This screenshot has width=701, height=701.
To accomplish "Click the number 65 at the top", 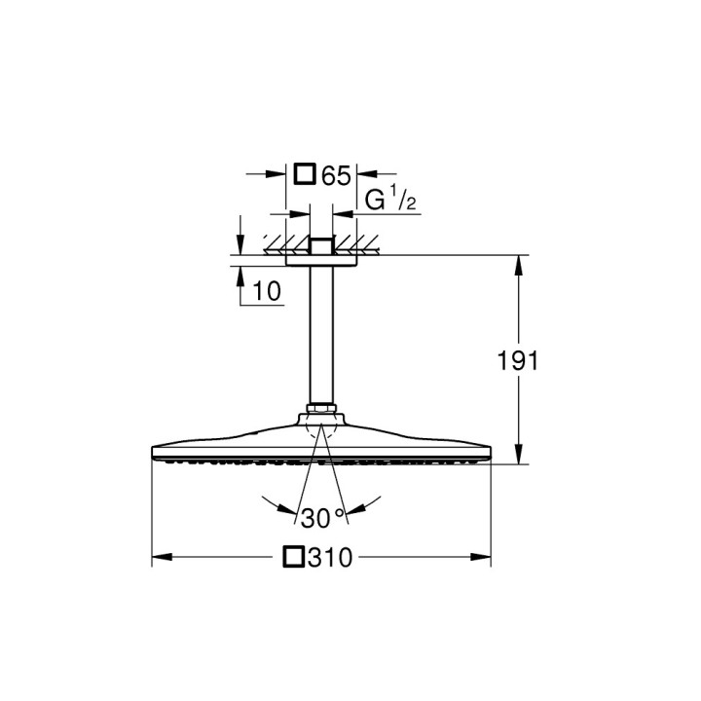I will coord(335,175).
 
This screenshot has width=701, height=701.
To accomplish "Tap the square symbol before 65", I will coord(305,175).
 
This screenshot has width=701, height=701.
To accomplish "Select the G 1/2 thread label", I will coord(389,202).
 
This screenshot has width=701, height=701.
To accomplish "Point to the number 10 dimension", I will coord(265,290).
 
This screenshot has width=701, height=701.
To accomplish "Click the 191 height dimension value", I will coord(518,361).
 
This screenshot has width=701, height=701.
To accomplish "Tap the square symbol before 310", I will coord(293,558).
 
